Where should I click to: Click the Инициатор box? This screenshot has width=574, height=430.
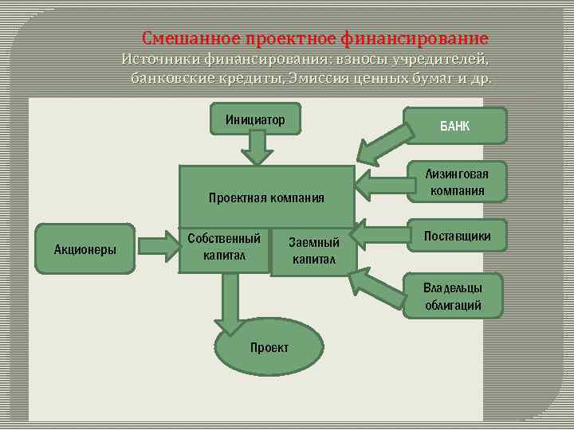(x=254, y=119)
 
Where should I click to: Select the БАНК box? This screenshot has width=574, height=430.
(x=455, y=125)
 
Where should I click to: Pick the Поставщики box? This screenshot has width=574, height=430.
(x=457, y=236)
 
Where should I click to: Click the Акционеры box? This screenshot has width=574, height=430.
(x=85, y=249)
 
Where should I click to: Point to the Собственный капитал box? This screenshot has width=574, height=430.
(x=224, y=247)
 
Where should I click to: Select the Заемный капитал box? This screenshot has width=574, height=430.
(x=313, y=251)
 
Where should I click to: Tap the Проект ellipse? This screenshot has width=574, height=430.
(x=269, y=348)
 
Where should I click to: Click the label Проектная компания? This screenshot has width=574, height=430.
(x=266, y=197)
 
